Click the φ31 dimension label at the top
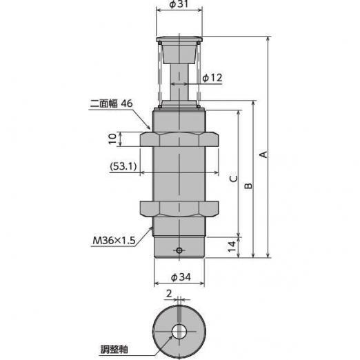point(179,4)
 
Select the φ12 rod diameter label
point(212,78)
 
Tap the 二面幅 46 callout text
point(111,103)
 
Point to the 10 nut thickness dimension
point(112,139)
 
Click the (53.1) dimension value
point(123,166)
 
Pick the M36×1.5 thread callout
point(114,241)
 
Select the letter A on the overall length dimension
point(263,154)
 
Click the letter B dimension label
point(248,186)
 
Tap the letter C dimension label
point(234,179)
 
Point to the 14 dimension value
point(232,246)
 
